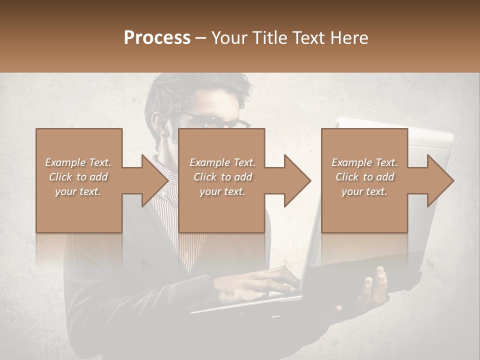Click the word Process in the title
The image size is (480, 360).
point(157,38)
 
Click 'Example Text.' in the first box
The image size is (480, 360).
point(78,162)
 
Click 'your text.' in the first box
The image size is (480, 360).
point(78,191)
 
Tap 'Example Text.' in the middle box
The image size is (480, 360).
point(222,162)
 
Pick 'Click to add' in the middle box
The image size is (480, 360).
point(222,177)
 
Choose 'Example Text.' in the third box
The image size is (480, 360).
point(364,162)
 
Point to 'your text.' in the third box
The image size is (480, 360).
point(364,191)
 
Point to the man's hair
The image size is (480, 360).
point(200,87)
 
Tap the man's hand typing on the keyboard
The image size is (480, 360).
point(260,282)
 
